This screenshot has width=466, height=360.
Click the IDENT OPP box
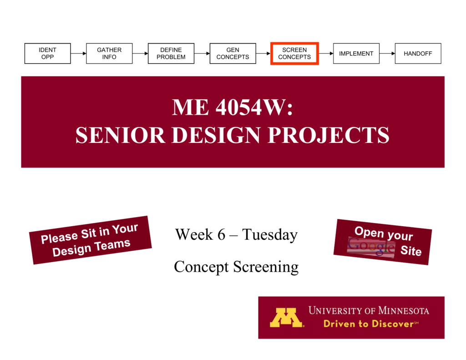(47, 53)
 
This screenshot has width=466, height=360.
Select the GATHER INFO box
(109, 53)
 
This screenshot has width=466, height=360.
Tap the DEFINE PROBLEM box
(171, 53)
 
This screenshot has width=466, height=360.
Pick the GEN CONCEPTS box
(233, 53)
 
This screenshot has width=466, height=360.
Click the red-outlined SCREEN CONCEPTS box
(294, 53)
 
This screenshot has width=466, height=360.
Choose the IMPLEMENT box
(356, 53)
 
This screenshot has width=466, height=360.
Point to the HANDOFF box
(418, 53)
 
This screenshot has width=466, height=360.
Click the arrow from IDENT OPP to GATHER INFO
(78, 53)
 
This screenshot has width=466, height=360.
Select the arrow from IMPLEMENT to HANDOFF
(387, 53)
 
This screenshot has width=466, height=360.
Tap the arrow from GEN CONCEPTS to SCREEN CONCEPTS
(263, 53)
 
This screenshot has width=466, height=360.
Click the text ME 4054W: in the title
(233, 107)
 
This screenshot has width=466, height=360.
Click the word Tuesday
(270, 235)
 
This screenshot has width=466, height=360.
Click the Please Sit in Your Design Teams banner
(90, 240)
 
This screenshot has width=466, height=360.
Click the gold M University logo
(286, 318)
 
